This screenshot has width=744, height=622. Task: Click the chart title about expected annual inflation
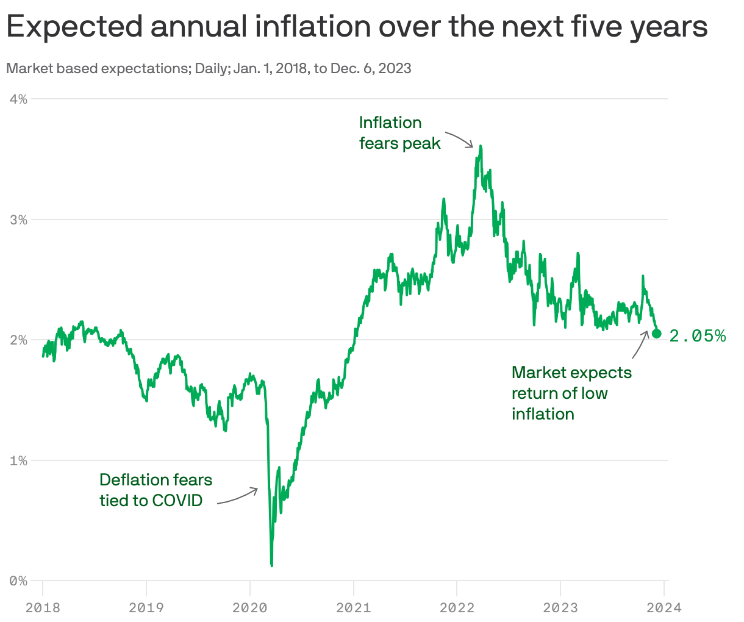[357, 27]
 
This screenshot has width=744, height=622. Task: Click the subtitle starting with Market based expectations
[209, 68]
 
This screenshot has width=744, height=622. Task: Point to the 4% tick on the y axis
[18, 99]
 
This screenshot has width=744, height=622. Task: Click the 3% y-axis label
[18, 220]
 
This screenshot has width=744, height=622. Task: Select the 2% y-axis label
[18, 340]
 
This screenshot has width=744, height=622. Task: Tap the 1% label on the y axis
[18, 460]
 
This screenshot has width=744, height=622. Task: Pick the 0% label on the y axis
[18, 581]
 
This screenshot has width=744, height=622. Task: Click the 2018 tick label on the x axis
[43, 607]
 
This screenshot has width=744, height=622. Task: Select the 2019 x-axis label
[146, 607]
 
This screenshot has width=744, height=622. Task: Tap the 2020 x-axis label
[250, 607]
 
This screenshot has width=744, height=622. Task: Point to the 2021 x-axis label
[354, 607]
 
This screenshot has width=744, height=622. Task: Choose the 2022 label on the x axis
[457, 607]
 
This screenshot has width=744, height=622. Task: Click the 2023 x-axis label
[560, 607]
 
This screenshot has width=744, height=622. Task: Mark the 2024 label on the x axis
[664, 607]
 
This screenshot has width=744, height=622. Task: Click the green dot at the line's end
[657, 333]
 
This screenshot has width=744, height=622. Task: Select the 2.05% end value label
[698, 335]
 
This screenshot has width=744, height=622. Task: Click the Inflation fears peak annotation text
[399, 133]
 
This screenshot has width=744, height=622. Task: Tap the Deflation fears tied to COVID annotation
[156, 490]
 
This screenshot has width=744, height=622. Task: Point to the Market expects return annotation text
[571, 393]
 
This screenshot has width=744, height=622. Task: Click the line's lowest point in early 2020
[271, 565]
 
